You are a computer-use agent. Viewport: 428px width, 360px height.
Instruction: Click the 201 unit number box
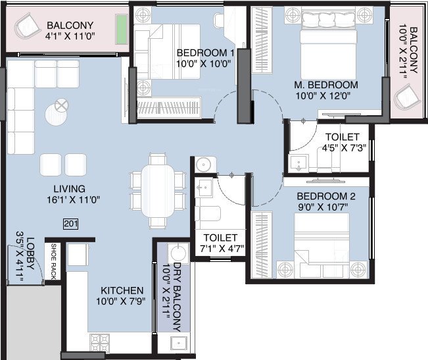click(71, 224)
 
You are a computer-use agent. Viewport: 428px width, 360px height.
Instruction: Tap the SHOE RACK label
click(54, 263)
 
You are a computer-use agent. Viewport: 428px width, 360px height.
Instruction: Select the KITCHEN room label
click(122, 290)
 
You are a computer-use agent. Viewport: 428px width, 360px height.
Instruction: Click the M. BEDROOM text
click(326, 85)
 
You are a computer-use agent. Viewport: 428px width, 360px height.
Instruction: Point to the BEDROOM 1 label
click(205, 53)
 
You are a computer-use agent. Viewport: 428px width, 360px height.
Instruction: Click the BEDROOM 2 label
click(325, 196)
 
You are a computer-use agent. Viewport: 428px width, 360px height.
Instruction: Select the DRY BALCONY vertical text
click(177, 290)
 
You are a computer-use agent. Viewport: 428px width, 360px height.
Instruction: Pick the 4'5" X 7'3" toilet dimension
click(343, 148)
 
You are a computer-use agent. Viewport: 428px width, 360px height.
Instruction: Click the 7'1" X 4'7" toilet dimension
click(220, 249)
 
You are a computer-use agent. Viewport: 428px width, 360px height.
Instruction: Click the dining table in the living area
click(157, 190)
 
